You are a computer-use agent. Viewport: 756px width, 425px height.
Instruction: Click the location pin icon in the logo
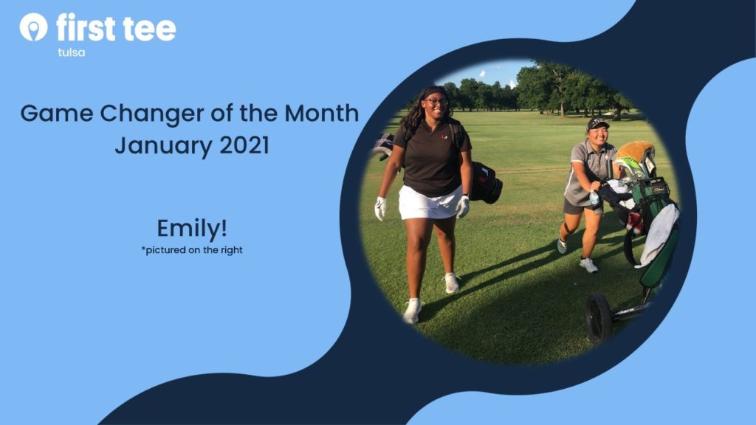coord(34,27)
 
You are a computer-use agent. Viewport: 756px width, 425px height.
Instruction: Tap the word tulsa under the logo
coord(72,52)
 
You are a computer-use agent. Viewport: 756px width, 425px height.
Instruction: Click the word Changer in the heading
coord(152,114)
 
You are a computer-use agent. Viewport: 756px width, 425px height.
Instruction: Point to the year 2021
coord(244,145)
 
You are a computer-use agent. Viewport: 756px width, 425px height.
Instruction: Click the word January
coord(163,146)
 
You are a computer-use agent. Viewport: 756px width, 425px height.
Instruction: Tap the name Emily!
coord(192,229)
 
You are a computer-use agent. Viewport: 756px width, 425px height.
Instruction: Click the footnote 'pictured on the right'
coord(192,250)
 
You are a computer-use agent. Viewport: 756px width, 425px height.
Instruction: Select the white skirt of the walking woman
coord(428,204)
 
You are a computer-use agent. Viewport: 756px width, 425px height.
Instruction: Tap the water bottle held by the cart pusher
coord(594,197)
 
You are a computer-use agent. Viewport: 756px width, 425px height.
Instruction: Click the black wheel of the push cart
coord(599,318)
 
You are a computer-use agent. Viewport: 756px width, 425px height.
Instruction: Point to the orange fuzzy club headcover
coord(636,151)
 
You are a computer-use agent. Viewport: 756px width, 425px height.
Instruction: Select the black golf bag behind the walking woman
coord(486,183)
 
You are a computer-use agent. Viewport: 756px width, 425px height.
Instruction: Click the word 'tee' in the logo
coord(149,29)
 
